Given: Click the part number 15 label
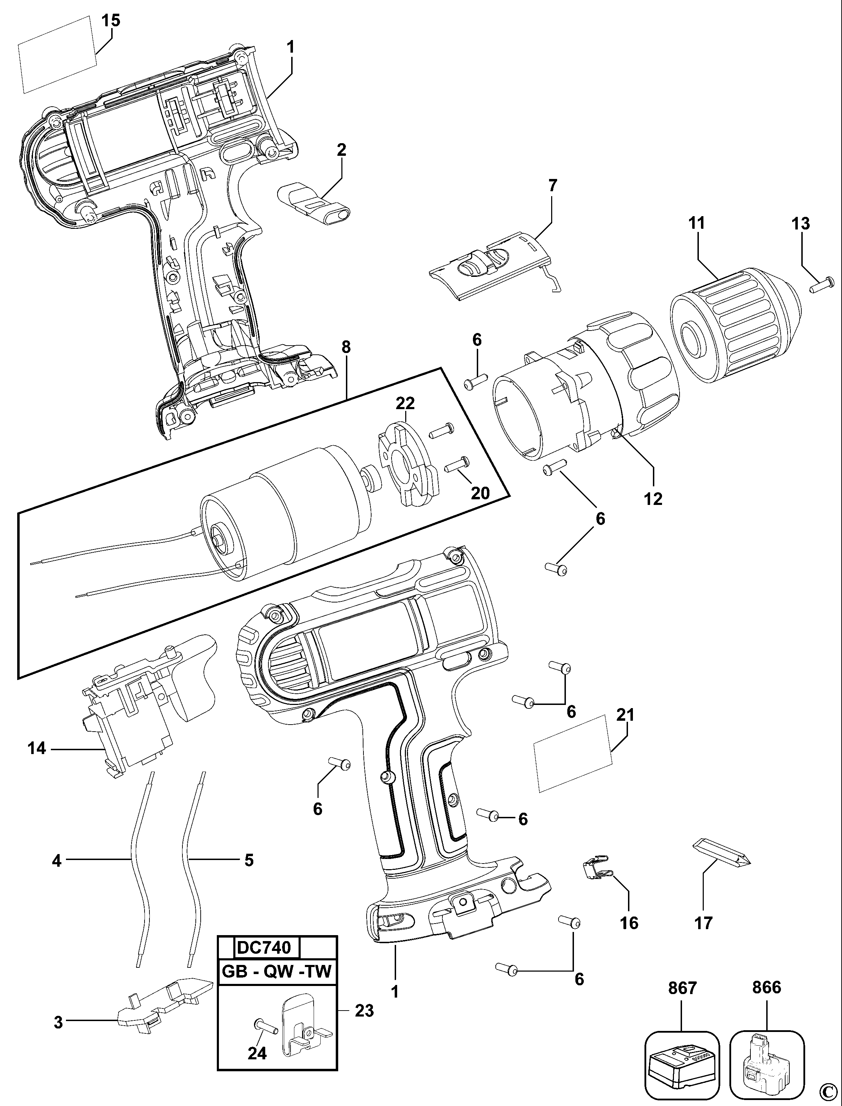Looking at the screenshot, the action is (111, 21).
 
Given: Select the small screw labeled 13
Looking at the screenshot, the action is (821, 285).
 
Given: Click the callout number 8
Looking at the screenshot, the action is (346, 347).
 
